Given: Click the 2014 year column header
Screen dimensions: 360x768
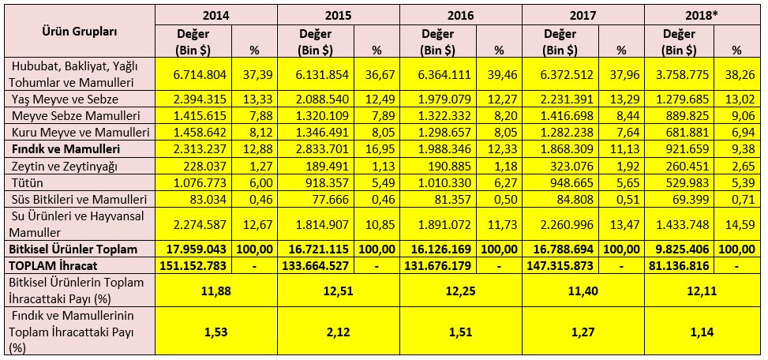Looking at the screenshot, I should point(215,15).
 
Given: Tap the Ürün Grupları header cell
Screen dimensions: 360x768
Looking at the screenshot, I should point(79,32).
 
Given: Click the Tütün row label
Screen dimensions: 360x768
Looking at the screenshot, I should point(27,180).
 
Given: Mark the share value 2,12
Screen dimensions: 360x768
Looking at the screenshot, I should point(338,332).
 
